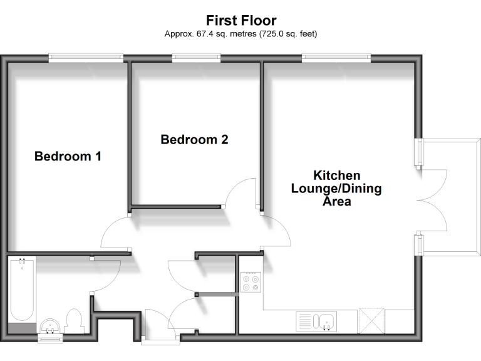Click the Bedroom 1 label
[x=68, y=156]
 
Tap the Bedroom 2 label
[x=194, y=139]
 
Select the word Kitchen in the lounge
[x=336, y=175]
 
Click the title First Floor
[x=241, y=21]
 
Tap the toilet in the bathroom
[x=74, y=320]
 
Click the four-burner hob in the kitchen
[x=251, y=282]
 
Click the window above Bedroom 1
[x=86, y=58]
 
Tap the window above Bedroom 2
[x=196, y=58]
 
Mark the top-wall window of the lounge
[x=336, y=58]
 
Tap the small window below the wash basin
[x=49, y=339]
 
